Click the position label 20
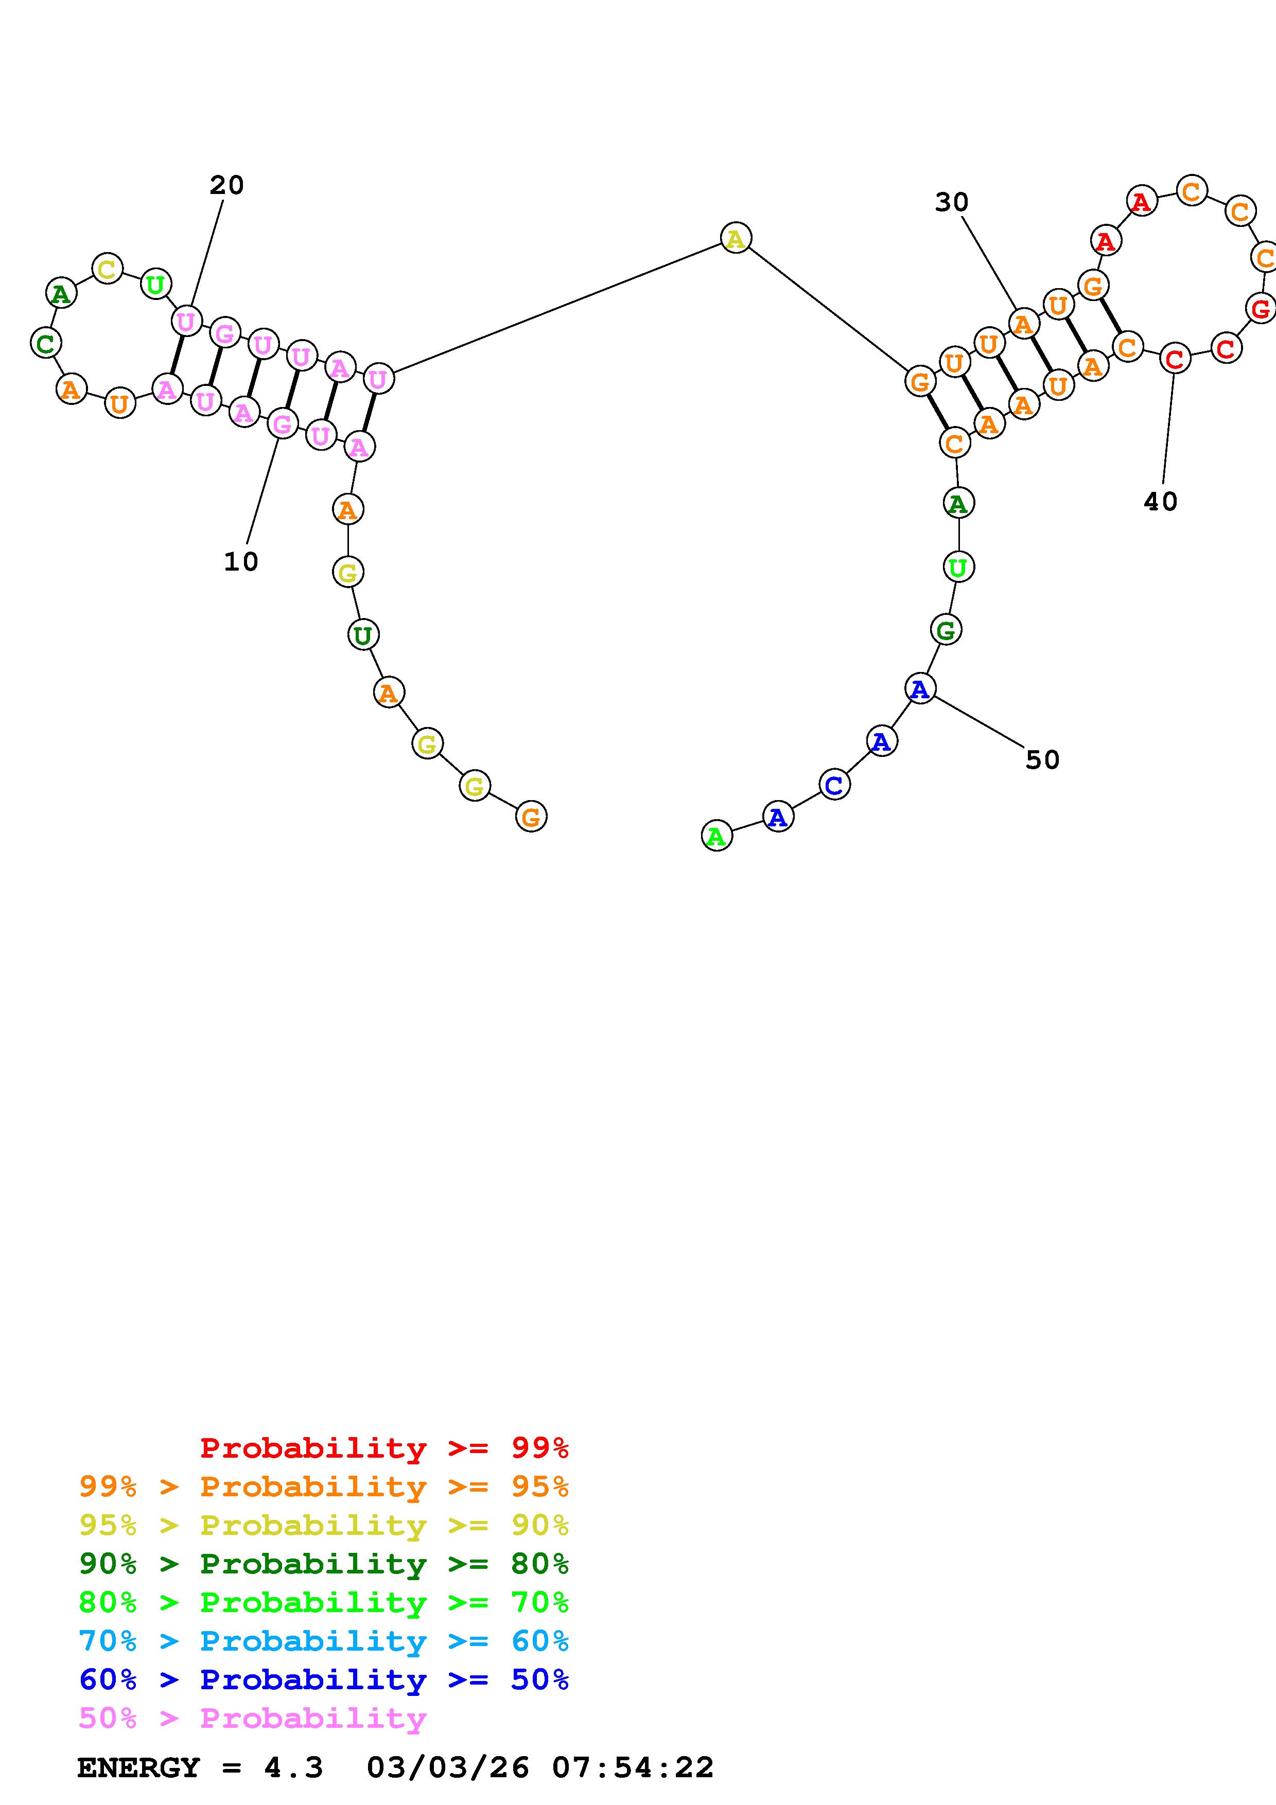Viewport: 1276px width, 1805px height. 226,186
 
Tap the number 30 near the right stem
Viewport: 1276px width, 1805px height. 951,203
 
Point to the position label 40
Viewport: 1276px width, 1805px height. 1160,502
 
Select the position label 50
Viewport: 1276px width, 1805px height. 1042,759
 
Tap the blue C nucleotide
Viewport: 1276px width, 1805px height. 834,785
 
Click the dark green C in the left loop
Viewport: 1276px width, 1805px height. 46,343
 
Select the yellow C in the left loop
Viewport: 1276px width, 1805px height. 107,268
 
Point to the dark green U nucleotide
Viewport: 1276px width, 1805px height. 362,634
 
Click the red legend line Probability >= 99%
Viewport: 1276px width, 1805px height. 384,1448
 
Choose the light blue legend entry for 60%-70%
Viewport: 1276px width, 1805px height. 323,1641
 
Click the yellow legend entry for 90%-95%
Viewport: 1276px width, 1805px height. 323,1525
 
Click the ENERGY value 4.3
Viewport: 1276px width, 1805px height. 293,1768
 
